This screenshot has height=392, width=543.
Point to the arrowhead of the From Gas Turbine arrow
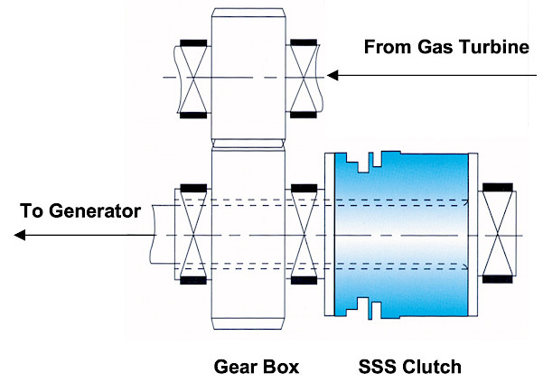coord(332,76)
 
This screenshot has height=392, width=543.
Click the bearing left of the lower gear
coord(192,234)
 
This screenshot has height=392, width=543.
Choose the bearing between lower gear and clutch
coord(302,234)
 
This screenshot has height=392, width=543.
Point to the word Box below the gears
coord(281,367)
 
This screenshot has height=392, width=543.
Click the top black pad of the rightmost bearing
coord(498,187)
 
